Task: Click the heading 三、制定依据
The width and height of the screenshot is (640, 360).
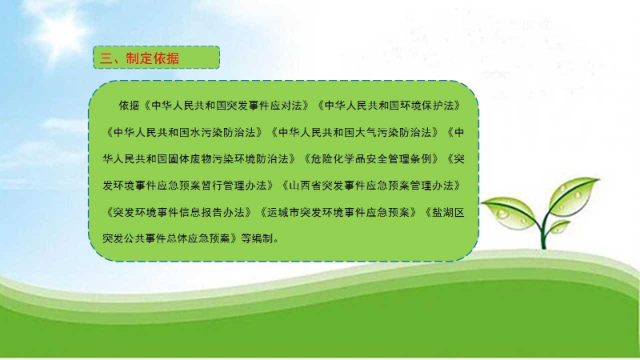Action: (x=139, y=58)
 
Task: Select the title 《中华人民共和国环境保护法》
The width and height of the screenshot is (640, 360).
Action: (x=390, y=106)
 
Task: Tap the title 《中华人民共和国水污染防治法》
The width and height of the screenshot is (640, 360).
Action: (x=184, y=132)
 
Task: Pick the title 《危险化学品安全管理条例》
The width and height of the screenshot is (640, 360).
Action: (x=371, y=158)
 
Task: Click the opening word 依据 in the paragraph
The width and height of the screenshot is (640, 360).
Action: (x=130, y=106)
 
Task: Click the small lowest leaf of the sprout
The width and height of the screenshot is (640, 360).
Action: (x=558, y=227)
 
